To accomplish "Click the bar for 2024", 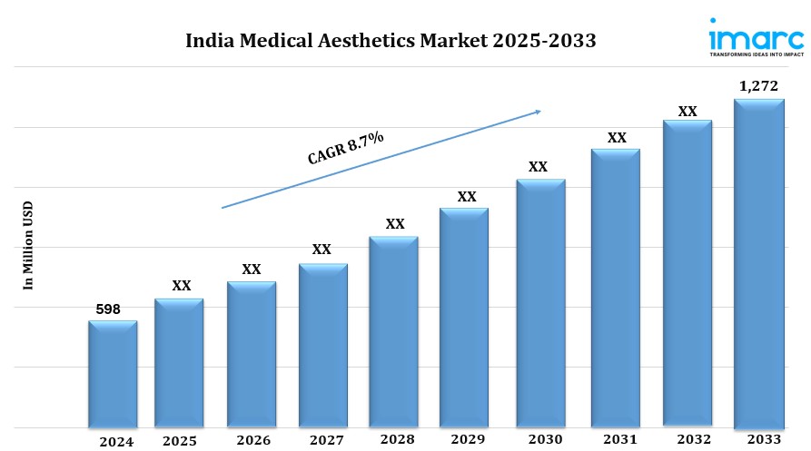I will [113, 374].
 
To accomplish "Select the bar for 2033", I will [758, 263].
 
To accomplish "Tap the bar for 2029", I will [464, 318].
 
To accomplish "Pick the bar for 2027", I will [322, 345].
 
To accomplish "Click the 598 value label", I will [109, 309].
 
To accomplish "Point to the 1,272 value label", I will [758, 86].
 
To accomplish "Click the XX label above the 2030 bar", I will [538, 167].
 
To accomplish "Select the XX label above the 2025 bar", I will [182, 286].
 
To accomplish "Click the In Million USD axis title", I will [28, 245].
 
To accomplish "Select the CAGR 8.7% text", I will [346, 148].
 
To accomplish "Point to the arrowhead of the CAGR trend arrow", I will [538, 112].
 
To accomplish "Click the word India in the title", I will [208, 41].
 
